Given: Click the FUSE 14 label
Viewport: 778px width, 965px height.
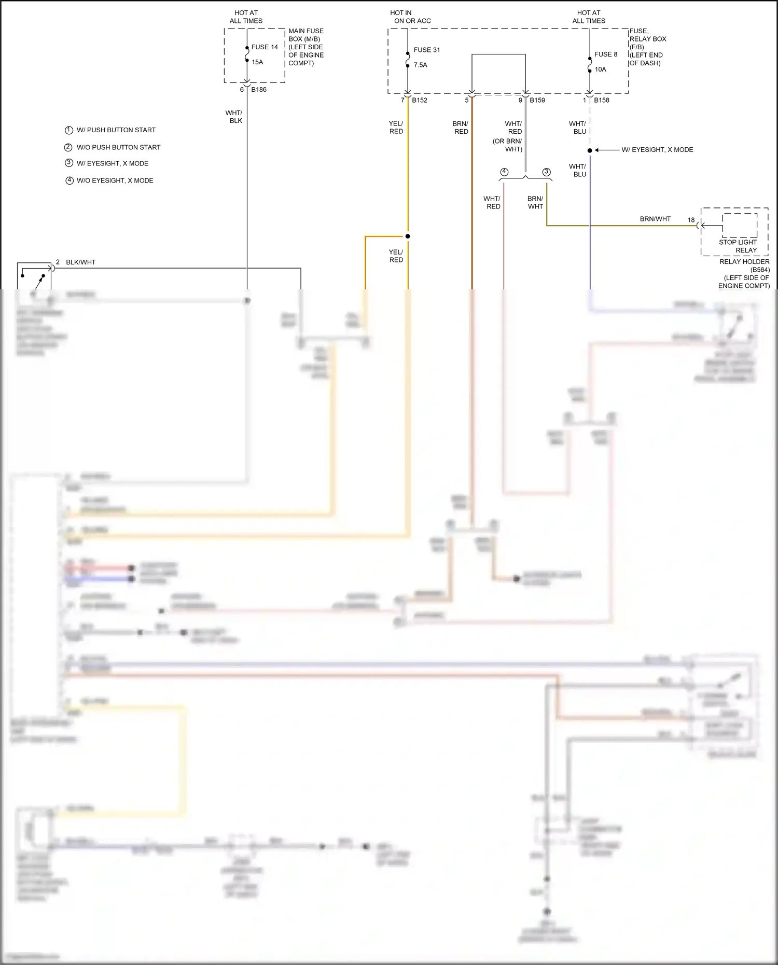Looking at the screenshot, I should pyautogui.click(x=265, y=47).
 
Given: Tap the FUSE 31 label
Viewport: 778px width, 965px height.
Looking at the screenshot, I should pyautogui.click(x=426, y=50).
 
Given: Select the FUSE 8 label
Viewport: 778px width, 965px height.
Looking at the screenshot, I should pyautogui.click(x=606, y=54).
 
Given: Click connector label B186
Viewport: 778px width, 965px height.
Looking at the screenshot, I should pyautogui.click(x=259, y=90).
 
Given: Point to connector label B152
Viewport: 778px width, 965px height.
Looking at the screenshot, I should pyautogui.click(x=420, y=100).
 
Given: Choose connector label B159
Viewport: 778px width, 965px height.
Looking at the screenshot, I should pyautogui.click(x=537, y=100).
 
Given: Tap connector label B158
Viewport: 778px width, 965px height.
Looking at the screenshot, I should pyautogui.click(x=602, y=100).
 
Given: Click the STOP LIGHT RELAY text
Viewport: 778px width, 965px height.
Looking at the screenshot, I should pyautogui.click(x=738, y=246).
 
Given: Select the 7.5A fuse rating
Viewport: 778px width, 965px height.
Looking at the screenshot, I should pyautogui.click(x=421, y=65).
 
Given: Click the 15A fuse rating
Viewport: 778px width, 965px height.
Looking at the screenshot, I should pyautogui.click(x=257, y=62).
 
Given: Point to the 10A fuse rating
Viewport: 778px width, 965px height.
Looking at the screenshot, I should pyautogui.click(x=600, y=69).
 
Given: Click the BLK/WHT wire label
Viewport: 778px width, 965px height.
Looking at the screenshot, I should pyautogui.click(x=81, y=262).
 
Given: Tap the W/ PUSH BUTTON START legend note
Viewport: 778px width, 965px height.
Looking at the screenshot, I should pyautogui.click(x=116, y=130).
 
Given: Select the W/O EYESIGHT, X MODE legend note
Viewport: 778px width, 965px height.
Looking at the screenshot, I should pyautogui.click(x=115, y=180).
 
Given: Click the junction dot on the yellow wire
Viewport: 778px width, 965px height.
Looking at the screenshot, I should pyautogui.click(x=408, y=236).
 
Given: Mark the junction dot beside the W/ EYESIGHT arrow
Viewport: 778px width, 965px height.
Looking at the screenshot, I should pyautogui.click(x=590, y=150).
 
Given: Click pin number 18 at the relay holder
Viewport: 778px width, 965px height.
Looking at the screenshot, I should pyautogui.click(x=691, y=220).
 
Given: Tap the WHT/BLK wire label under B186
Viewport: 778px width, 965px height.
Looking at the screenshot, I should pyautogui.click(x=234, y=117).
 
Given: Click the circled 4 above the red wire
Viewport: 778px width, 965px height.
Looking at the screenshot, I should pyautogui.click(x=504, y=172).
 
